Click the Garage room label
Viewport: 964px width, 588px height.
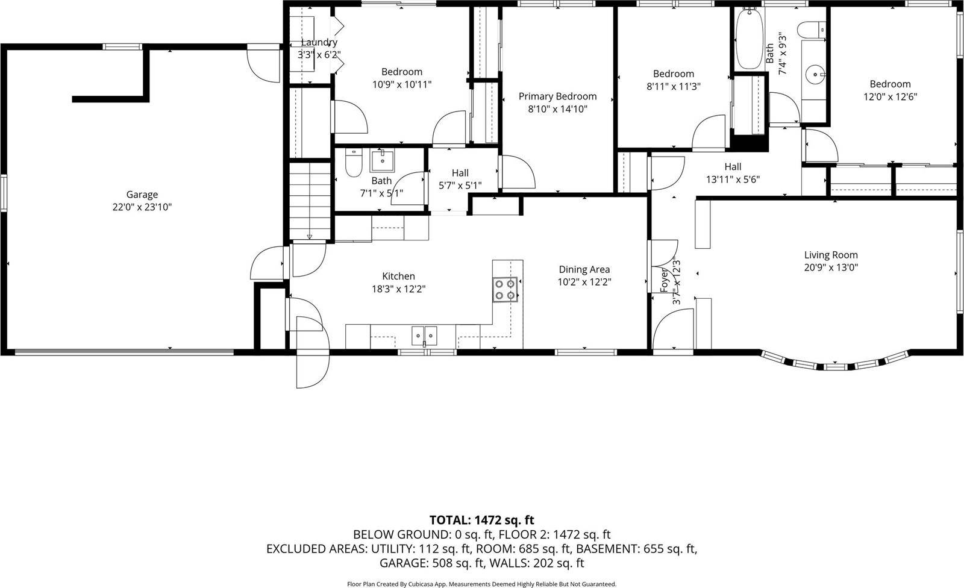coord(142,195)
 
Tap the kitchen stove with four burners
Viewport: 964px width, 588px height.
coord(505,289)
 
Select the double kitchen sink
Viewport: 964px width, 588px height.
coord(424,335)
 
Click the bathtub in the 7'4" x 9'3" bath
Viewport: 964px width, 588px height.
coord(749,40)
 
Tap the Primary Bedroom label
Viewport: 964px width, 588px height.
coord(557,96)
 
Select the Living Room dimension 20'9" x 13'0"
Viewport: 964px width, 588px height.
coord(831,267)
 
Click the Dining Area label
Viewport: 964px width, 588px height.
coord(584,269)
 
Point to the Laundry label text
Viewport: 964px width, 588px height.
coord(319,42)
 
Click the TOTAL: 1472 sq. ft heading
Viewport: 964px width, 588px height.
coord(481,520)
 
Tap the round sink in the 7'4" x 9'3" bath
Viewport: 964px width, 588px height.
coord(816,75)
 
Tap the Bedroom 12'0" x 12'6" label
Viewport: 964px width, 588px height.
coord(889,84)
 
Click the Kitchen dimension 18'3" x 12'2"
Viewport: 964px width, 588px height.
coord(398,289)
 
